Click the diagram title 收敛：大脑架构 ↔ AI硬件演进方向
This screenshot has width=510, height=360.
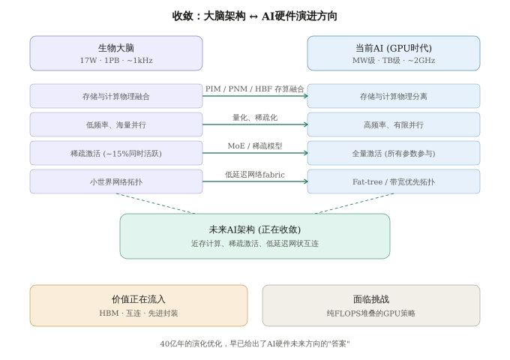pyautogui.click(x=255, y=16)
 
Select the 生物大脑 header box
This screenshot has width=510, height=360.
pyautogui.click(x=116, y=53)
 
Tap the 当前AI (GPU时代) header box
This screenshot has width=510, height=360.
pyautogui.click(x=394, y=53)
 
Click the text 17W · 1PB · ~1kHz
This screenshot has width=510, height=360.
pyautogui.click(x=116, y=60)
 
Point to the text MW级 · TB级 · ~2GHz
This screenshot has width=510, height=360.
pyautogui.click(x=394, y=60)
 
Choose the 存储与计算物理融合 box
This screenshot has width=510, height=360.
pyautogui.click(x=116, y=96)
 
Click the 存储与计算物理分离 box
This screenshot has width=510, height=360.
pyautogui.click(x=394, y=96)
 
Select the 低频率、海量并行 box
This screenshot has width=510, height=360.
pyautogui.click(x=116, y=124)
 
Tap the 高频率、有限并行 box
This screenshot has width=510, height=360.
pyautogui.click(x=394, y=124)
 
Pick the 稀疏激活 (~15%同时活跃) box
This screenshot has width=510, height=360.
pyautogui.click(x=116, y=153)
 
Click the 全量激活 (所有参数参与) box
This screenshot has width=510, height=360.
pyautogui.click(x=394, y=153)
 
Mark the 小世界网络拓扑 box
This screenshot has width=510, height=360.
pyautogui.click(x=116, y=181)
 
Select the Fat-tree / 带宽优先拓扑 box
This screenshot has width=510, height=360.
pyautogui.click(x=394, y=181)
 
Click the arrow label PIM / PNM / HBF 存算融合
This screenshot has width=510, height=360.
pyautogui.click(x=255, y=88)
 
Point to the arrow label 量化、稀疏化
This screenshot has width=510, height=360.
pyautogui.click(x=255, y=117)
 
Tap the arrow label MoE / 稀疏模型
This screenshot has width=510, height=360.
pyautogui.click(x=255, y=145)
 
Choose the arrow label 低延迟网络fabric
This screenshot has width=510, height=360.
pyautogui.click(x=255, y=174)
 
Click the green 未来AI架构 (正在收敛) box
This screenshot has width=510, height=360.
pyautogui.click(x=255, y=236)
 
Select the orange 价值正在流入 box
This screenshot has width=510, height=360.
pyautogui.click(x=139, y=305)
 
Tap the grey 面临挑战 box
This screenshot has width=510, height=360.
pyautogui.click(x=371, y=305)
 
